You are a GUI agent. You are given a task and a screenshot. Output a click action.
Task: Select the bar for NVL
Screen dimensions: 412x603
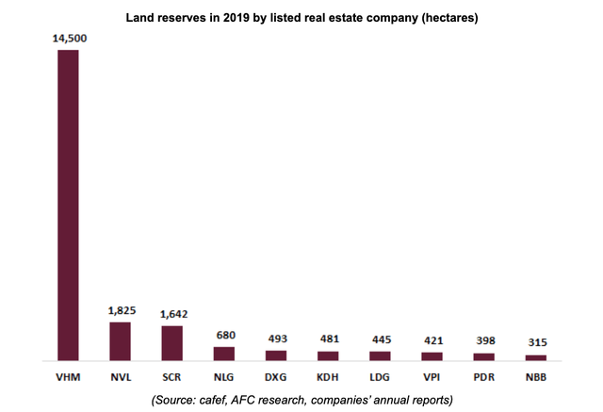click(x=120, y=341)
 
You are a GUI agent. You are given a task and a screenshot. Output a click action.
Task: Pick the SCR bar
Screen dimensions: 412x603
click(x=171, y=343)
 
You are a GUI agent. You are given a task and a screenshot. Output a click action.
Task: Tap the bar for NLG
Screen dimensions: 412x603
click(x=223, y=354)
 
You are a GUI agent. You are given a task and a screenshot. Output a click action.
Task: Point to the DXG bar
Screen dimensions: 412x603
click(x=275, y=355)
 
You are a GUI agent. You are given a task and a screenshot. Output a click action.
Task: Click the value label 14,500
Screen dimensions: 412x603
click(x=68, y=39)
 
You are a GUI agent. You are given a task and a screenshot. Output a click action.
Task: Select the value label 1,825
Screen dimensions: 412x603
click(x=121, y=310)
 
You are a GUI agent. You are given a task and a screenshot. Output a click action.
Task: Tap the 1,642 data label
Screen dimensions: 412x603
click(x=171, y=314)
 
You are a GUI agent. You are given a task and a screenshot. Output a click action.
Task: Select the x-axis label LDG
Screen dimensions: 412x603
click(x=379, y=375)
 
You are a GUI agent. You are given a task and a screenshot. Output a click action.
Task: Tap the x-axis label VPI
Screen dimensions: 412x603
click(x=431, y=375)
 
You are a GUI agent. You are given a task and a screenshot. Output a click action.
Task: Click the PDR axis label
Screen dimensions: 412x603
click(x=483, y=375)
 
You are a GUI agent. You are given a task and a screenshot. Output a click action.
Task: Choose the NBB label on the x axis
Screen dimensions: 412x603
click(x=535, y=375)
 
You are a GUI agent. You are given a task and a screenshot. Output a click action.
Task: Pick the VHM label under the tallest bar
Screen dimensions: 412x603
click(x=68, y=375)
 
